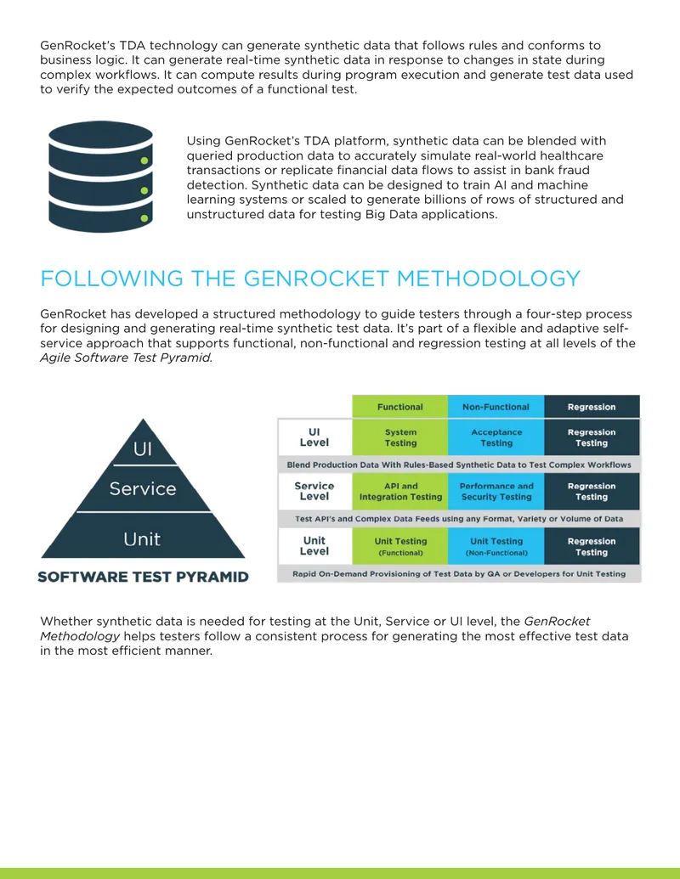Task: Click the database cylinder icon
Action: (100, 177)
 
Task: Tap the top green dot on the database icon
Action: (144, 161)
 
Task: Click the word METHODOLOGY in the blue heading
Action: (488, 279)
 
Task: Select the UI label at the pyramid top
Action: (143, 449)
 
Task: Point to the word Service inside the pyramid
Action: (143, 489)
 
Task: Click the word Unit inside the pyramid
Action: (142, 539)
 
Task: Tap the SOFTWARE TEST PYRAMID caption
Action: (143, 577)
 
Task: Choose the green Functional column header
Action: (400, 407)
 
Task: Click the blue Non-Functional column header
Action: (496, 407)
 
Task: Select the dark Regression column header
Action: (592, 407)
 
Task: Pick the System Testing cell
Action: (400, 437)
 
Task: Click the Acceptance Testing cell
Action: (496, 437)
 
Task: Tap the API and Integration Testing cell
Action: (400, 492)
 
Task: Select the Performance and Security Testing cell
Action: (496, 492)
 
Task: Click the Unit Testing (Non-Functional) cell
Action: (496, 546)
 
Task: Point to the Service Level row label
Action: (314, 491)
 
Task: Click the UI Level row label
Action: (314, 437)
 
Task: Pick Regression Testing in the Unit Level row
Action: (592, 546)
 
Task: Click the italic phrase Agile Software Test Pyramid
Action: (127, 358)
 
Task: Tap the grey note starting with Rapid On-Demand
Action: (459, 574)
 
